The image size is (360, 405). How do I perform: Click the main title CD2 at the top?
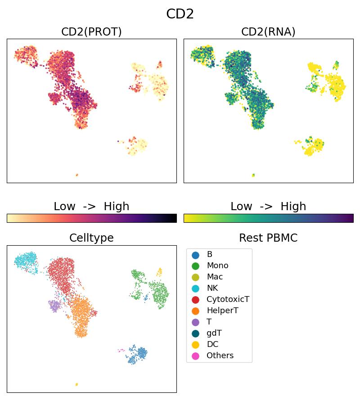tap(180, 14)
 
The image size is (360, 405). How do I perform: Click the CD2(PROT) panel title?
tap(91, 32)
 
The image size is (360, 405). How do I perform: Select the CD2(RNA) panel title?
tap(268, 32)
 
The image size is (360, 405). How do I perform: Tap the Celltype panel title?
tap(91, 238)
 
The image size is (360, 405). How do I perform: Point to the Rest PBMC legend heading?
tap(268, 238)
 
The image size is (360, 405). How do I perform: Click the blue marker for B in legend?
tap(195, 255)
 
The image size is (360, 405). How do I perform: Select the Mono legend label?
tap(217, 266)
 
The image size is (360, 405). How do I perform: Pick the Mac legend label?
tap(215, 277)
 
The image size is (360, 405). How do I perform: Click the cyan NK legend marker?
tap(195, 288)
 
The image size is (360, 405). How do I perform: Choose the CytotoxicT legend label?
tap(228, 300)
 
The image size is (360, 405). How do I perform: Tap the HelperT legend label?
tap(222, 311)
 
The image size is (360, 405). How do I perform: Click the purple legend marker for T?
tap(195, 322)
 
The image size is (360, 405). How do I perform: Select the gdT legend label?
tap(214, 333)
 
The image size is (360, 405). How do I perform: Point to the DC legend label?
tap(212, 345)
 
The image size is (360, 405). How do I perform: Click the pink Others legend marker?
tap(195, 356)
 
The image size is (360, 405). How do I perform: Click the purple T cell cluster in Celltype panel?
tap(54, 306)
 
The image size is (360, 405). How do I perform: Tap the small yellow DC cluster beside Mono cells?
tap(159, 272)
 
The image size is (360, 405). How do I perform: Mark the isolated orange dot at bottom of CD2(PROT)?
tap(77, 175)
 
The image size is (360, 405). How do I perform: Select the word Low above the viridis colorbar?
tap(241, 207)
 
